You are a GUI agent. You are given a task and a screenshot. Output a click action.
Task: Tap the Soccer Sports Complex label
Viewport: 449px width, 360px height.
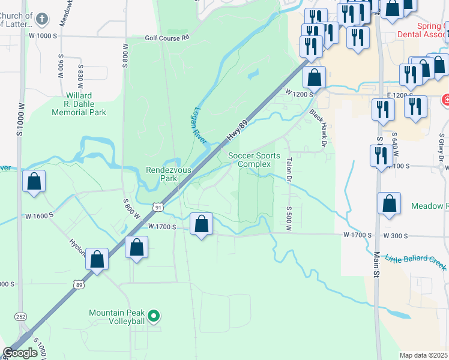point(254,160)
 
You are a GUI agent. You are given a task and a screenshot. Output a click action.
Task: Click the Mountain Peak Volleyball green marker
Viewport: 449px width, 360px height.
point(154,314)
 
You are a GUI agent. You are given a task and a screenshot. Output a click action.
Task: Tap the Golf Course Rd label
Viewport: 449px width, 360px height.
point(167,37)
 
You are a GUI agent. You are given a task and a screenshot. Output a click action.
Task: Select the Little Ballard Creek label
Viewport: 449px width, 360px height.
point(416,259)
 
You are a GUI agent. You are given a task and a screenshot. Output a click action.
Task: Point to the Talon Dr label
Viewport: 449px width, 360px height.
point(289,170)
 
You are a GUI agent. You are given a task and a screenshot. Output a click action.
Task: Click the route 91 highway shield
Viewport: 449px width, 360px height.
point(158,207)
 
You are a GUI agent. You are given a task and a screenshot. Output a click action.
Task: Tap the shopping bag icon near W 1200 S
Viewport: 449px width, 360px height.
point(314,77)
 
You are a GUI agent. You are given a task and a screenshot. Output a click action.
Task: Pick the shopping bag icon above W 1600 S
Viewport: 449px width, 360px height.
point(34,181)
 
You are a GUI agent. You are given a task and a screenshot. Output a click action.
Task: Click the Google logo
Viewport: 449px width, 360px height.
point(20,353)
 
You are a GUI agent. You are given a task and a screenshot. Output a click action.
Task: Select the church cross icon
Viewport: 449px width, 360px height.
point(41,19)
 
